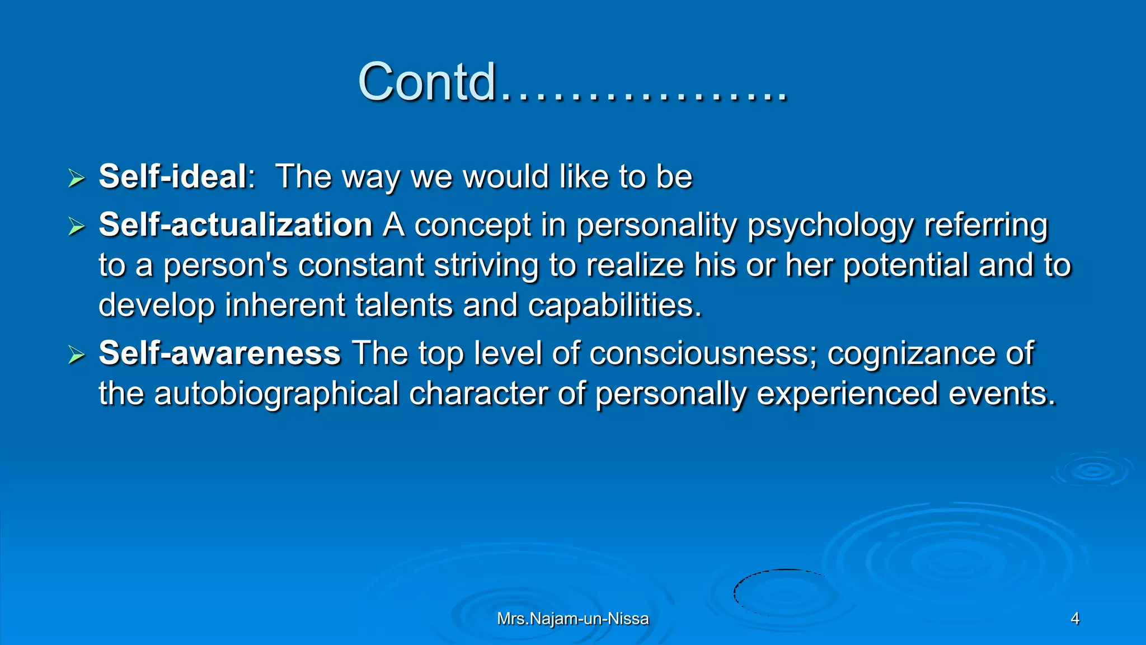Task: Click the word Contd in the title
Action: [x=427, y=83]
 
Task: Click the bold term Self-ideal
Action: [x=172, y=176]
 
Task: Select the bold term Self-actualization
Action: [x=236, y=225]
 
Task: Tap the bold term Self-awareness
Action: [x=219, y=353]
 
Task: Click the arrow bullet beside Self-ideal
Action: [x=76, y=179]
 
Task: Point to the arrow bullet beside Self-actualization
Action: [x=76, y=227]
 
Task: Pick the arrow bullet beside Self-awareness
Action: [x=76, y=355]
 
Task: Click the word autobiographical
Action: [x=276, y=394]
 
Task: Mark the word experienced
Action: [x=847, y=394]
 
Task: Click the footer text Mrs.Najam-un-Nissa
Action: [x=573, y=619]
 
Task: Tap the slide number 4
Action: [x=1074, y=619]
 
